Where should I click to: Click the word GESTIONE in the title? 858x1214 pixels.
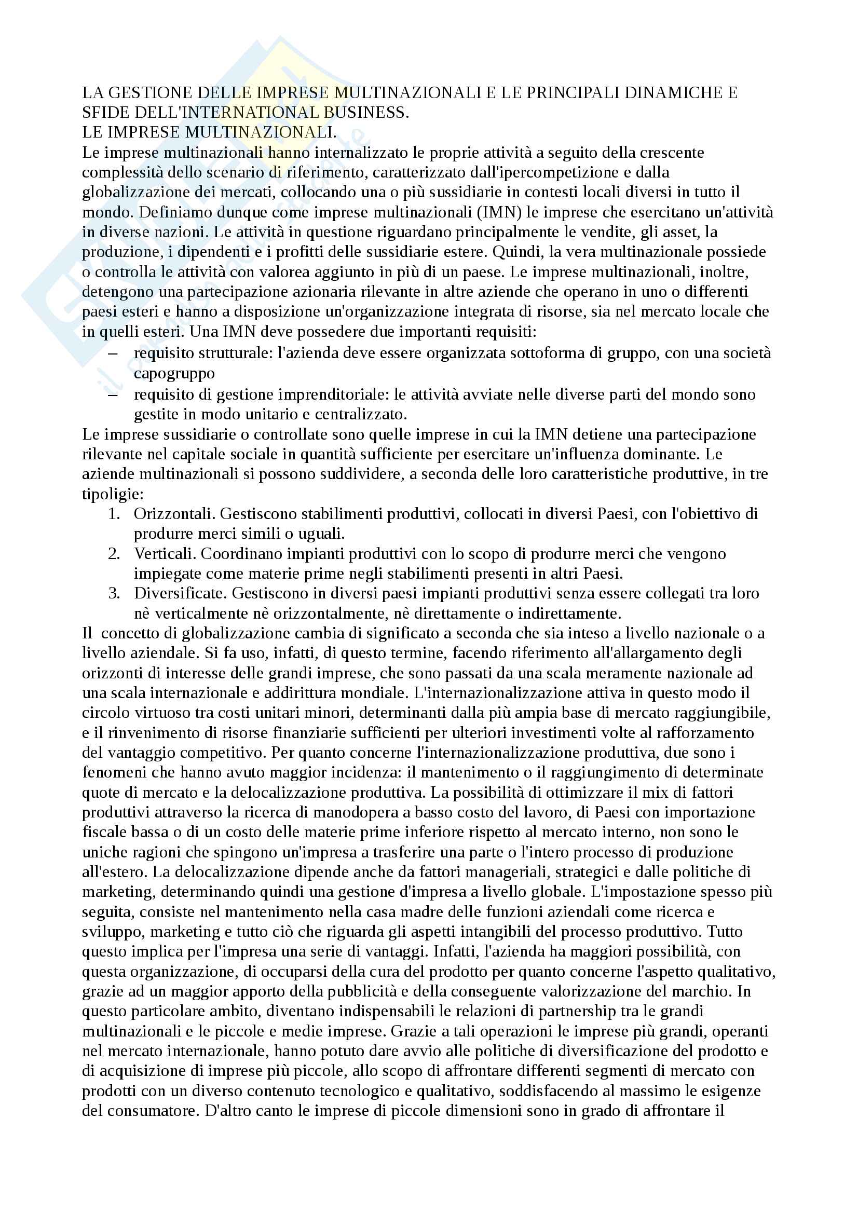pyautogui.click(x=152, y=93)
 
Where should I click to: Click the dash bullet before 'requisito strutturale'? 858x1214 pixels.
pyautogui.click(x=113, y=352)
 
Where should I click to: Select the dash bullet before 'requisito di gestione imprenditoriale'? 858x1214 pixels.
pyautogui.click(x=113, y=394)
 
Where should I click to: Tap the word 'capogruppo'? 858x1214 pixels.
pyautogui.click(x=174, y=373)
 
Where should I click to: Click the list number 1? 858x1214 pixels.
pyautogui.click(x=114, y=513)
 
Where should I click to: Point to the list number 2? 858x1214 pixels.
pyautogui.click(x=114, y=554)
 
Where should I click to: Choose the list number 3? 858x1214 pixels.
pyautogui.click(x=114, y=593)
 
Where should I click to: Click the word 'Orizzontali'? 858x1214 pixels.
pyautogui.click(x=174, y=513)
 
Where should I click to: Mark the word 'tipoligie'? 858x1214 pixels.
pyautogui.click(x=112, y=494)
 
